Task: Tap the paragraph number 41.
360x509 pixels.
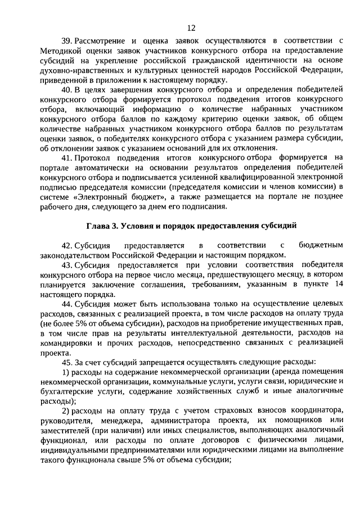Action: tap(67, 158)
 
